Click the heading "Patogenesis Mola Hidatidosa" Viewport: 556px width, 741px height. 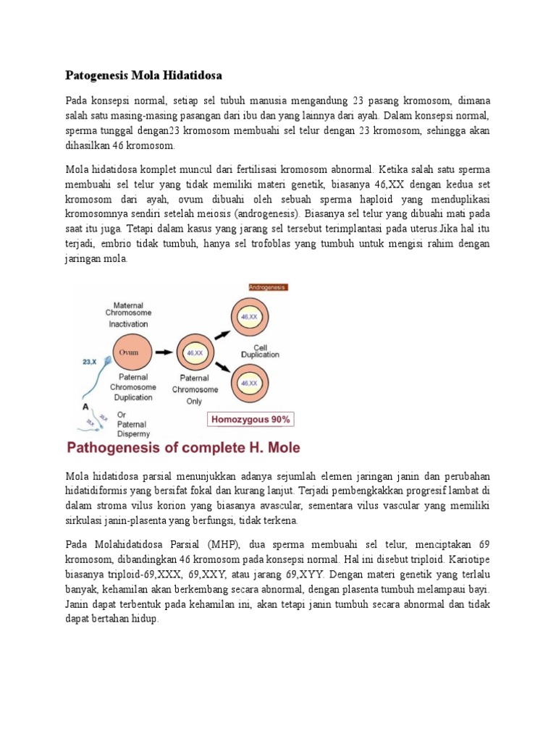(143, 75)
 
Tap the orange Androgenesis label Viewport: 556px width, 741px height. (268, 287)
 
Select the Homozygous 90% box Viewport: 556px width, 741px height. (251, 419)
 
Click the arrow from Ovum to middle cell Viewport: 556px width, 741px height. (165, 352)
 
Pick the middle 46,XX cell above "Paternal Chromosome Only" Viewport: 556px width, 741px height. (194, 352)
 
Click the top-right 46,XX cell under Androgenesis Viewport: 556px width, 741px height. (249, 316)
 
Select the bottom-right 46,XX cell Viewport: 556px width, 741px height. (249, 382)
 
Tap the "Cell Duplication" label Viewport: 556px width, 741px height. (261, 350)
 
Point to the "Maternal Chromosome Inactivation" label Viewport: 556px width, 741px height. (128, 313)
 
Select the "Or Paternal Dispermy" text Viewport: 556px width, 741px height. (131, 424)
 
